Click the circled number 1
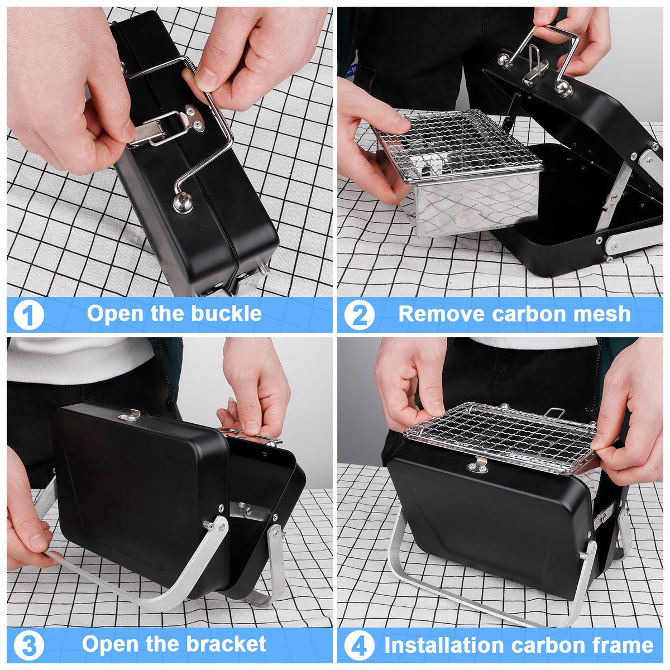pyautogui.click(x=28, y=315)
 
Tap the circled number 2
pyautogui.click(x=359, y=315)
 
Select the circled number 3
pyautogui.click(x=28, y=645)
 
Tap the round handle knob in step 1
pyautogui.click(x=183, y=203)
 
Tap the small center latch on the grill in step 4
pyautogui.click(x=478, y=465)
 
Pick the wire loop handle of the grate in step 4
pyautogui.click(x=553, y=413)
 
